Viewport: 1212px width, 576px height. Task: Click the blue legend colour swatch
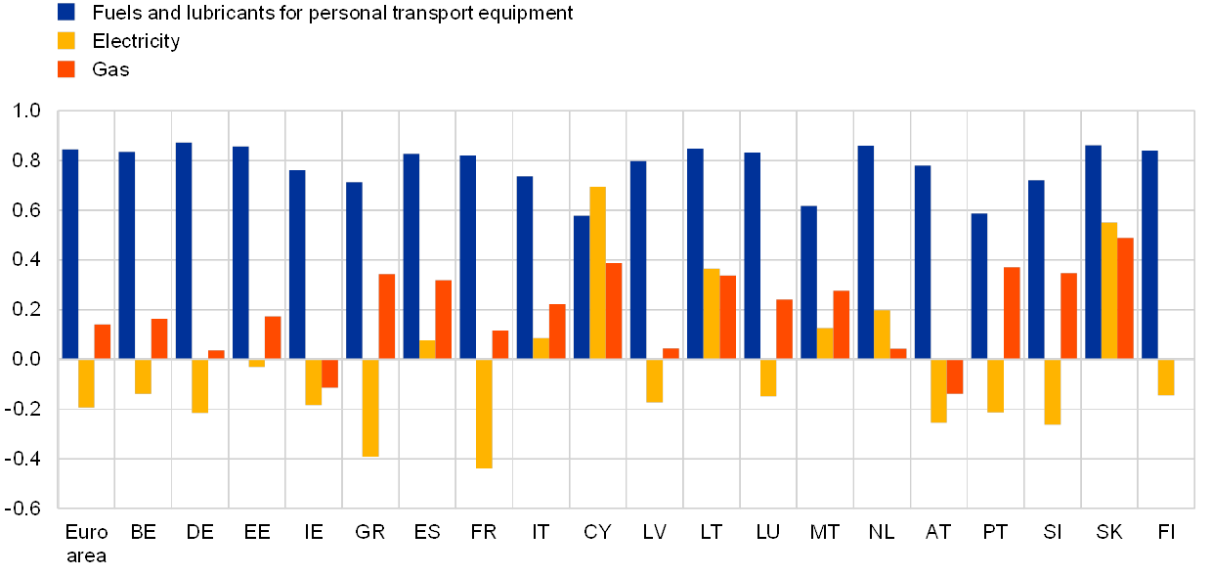click(x=66, y=12)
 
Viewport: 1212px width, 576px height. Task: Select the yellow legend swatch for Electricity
click(x=66, y=40)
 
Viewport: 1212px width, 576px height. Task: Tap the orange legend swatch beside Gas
click(x=66, y=68)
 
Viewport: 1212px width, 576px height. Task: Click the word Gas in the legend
click(x=110, y=69)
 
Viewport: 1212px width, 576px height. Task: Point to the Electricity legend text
click(x=136, y=41)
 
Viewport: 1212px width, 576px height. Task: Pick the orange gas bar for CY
click(x=614, y=310)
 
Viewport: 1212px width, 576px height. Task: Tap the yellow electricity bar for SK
click(x=1109, y=289)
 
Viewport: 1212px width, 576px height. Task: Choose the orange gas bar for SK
click(x=1126, y=297)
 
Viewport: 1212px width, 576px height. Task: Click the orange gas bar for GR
click(x=387, y=316)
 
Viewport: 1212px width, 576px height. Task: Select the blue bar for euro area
click(x=70, y=253)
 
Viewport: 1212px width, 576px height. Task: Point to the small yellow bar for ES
click(x=427, y=349)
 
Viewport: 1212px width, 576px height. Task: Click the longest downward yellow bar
click(x=484, y=413)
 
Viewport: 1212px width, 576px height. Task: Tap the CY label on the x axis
click(x=597, y=532)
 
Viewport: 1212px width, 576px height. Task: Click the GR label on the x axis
click(x=364, y=532)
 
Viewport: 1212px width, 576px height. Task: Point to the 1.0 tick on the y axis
click(x=29, y=111)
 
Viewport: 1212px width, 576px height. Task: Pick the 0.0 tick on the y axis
click(x=29, y=359)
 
